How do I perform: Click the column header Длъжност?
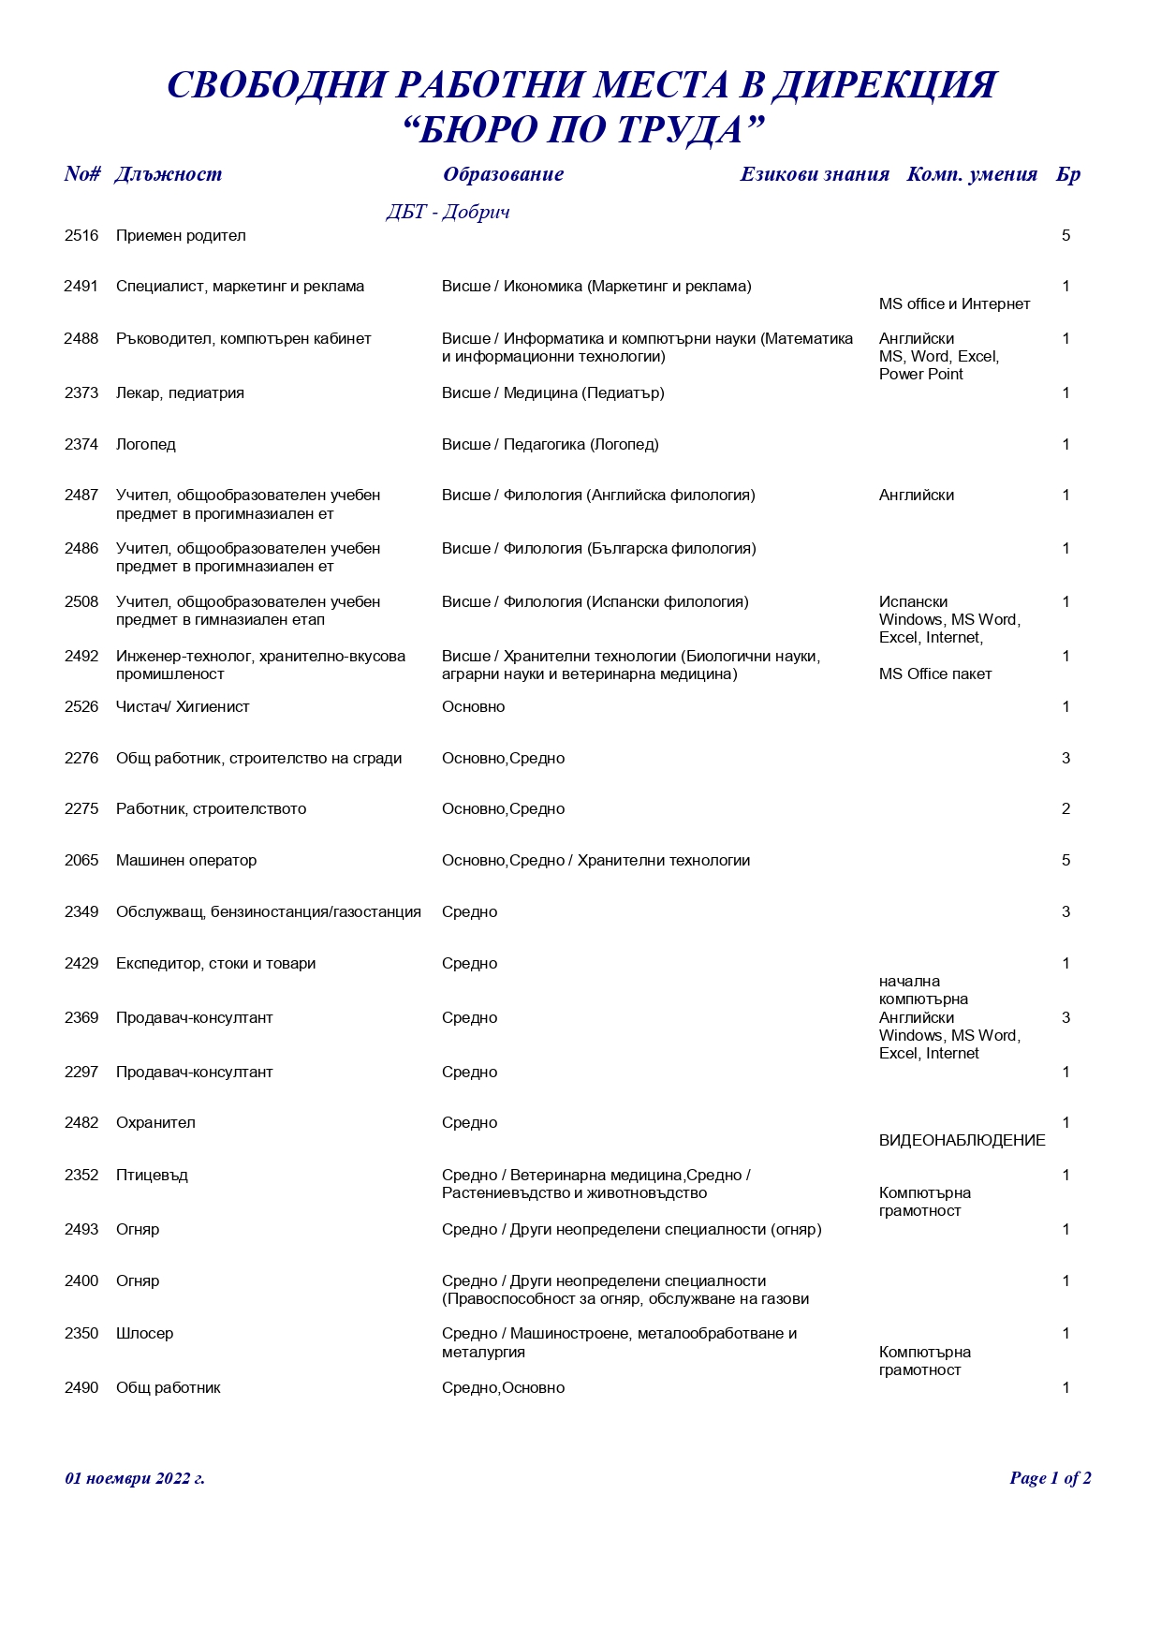coord(168,174)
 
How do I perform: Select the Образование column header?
coord(503,174)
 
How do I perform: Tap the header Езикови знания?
coord(814,174)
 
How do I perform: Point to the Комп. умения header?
coord(971,174)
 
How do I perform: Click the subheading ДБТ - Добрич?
coord(448,213)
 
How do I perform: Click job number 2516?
coord(81,236)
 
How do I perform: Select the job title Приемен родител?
coord(181,236)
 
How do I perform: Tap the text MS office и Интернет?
coord(954,304)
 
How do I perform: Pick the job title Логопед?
coord(146,445)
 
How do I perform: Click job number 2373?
coord(81,393)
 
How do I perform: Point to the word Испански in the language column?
coord(913,602)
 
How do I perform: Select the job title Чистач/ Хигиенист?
coord(183,707)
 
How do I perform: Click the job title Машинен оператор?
coord(186,861)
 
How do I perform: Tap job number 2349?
coord(81,912)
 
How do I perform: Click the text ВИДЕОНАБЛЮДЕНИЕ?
coord(962,1141)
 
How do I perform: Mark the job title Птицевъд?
coord(152,1176)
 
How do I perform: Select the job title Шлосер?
coord(144,1334)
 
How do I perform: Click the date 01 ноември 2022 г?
coord(135,1478)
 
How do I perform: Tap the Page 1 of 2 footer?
coord(1050,1478)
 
